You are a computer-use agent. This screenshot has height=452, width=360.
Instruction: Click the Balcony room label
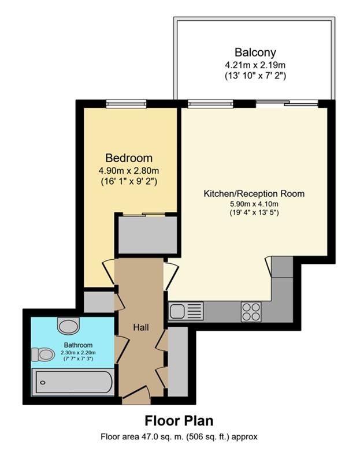tap(255, 53)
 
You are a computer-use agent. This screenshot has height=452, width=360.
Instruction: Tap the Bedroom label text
tap(129, 158)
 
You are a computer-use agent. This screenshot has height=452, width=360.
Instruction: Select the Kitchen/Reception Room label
tap(254, 193)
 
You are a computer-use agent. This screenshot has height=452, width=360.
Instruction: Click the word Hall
tap(141, 327)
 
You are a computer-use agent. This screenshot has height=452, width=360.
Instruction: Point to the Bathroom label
tap(78, 345)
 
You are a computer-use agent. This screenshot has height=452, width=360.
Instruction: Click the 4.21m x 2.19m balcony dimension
tap(255, 65)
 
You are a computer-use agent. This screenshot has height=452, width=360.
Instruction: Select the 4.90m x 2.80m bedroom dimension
tap(129, 171)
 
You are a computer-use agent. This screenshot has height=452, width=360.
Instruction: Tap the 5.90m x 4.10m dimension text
tap(254, 204)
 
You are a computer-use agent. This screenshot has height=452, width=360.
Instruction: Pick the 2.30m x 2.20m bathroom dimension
tap(78, 353)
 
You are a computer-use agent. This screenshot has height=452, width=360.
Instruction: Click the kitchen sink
tap(185, 311)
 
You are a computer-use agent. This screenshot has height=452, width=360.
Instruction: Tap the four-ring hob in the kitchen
tap(251, 312)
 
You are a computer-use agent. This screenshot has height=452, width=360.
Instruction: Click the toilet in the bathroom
tap(43, 354)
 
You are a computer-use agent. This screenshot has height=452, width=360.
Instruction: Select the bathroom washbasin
tap(68, 325)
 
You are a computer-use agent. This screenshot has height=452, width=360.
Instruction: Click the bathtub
tap(73, 382)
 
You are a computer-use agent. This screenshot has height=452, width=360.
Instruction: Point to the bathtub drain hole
tap(43, 383)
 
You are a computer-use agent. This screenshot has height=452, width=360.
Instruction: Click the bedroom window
tap(126, 103)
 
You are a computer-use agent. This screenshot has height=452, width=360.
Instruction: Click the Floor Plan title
tap(179, 421)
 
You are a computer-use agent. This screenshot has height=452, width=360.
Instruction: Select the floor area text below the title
tap(179, 437)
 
